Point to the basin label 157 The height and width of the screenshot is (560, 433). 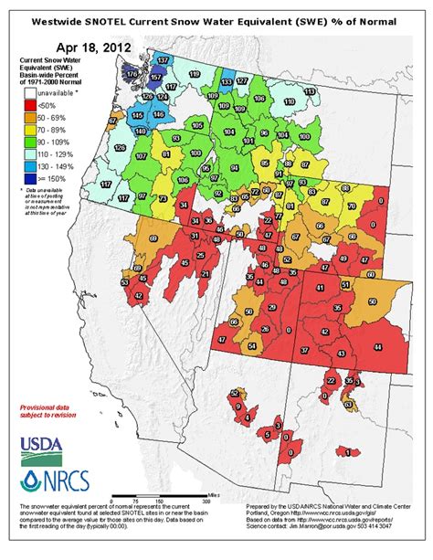point(156,79)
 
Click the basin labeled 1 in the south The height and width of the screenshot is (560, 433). point(347,451)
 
